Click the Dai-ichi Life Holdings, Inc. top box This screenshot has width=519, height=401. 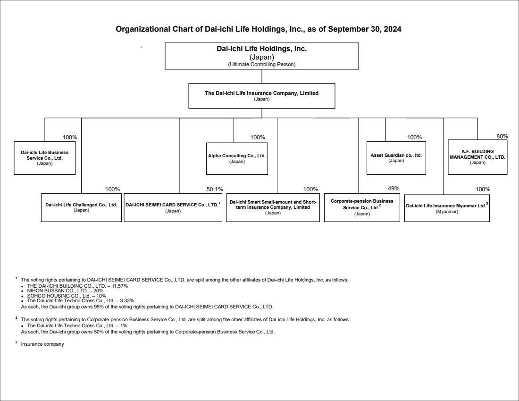tap(261, 56)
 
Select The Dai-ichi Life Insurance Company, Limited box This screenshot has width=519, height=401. tap(261, 96)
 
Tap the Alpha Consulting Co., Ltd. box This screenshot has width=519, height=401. tap(237, 158)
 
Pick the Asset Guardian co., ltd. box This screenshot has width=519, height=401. tap(396, 158)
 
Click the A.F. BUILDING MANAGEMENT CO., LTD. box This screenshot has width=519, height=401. tap(477, 157)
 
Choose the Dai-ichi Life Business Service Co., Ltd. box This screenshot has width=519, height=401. tap(45, 158)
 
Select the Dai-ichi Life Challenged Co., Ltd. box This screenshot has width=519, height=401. tap(81, 207)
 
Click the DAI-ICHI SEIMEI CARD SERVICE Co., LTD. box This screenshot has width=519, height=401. tap(173, 207)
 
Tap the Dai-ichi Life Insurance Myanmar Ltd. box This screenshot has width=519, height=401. tap(447, 208)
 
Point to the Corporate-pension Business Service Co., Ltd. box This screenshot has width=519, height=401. tap(362, 207)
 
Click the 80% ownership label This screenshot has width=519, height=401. tap(502, 136)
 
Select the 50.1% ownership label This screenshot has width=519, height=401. tap(215, 189)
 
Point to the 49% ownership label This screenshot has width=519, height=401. tap(393, 188)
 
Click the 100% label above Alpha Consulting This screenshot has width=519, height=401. tap(258, 137)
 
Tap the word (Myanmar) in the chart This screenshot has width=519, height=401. tap(447, 212)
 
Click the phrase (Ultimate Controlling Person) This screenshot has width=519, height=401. tap(261, 64)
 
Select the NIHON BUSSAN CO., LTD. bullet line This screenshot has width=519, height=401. tap(65, 290)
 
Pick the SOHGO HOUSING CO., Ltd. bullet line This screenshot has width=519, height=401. tap(67, 296)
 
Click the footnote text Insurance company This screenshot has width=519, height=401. tap(42, 344)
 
